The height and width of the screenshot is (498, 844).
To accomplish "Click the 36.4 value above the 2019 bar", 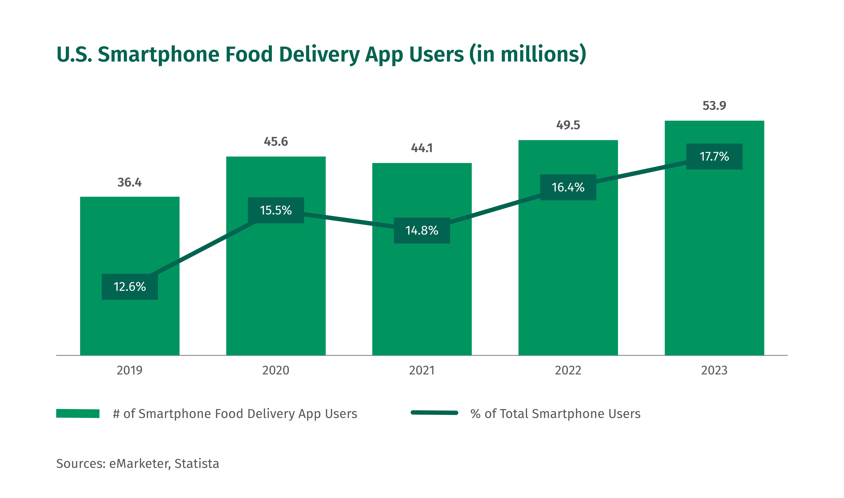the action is click(130, 183).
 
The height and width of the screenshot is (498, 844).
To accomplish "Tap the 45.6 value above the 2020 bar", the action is click(276, 142).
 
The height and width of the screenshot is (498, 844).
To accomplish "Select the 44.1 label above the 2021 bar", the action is click(422, 148).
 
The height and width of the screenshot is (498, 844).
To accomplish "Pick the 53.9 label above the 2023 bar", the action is click(714, 106).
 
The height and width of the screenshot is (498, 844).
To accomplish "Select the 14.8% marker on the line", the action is click(422, 231).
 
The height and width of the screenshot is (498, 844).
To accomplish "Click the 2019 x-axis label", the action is click(130, 370).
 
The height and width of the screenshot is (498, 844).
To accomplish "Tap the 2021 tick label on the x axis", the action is click(422, 370).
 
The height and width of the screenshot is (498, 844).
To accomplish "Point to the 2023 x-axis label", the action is click(714, 370).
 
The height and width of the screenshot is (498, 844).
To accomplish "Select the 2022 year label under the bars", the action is click(568, 370).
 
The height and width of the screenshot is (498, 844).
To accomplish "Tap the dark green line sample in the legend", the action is click(435, 413).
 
